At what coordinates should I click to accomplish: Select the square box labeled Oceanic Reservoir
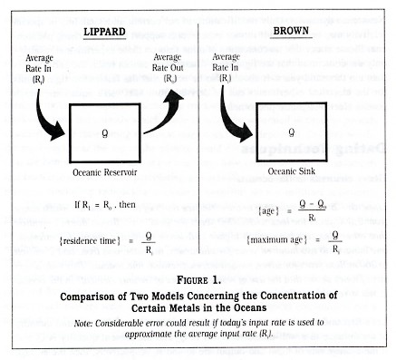[107, 132]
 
